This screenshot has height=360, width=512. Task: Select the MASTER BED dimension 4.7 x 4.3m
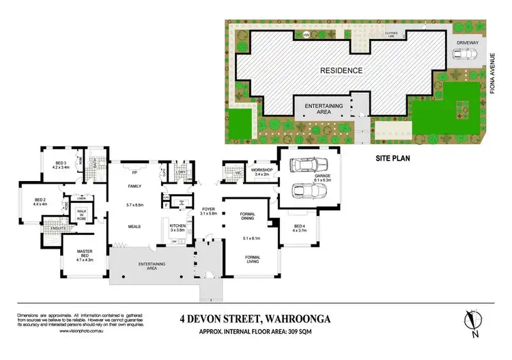pyautogui.click(x=83, y=260)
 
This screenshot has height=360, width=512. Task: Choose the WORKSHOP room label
pyautogui.click(x=262, y=169)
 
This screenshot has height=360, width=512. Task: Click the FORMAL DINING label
pyautogui.click(x=248, y=217)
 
